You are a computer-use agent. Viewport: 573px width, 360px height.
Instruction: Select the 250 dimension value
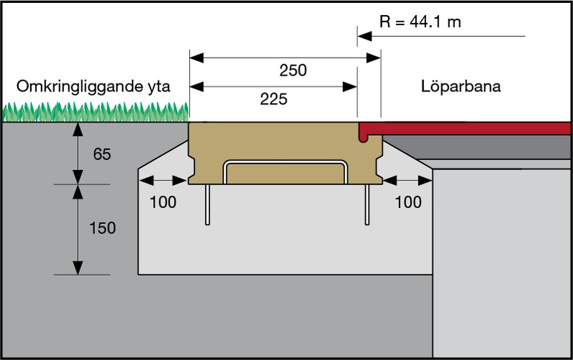click(x=293, y=71)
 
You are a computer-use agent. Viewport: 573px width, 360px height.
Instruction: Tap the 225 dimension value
click(x=273, y=99)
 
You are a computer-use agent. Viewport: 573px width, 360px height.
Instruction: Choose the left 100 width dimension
click(x=163, y=202)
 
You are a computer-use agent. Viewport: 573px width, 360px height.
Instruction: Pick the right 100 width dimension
click(x=408, y=202)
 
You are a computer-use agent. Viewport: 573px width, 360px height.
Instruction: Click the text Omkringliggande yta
click(x=94, y=87)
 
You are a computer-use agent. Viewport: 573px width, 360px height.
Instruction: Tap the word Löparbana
click(x=461, y=87)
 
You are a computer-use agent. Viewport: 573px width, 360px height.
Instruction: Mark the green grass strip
click(x=94, y=112)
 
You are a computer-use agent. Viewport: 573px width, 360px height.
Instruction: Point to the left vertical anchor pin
click(x=207, y=204)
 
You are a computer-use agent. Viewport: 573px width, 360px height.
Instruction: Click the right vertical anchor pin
click(x=367, y=204)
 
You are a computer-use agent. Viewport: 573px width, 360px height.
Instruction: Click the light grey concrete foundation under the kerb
click(x=288, y=238)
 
